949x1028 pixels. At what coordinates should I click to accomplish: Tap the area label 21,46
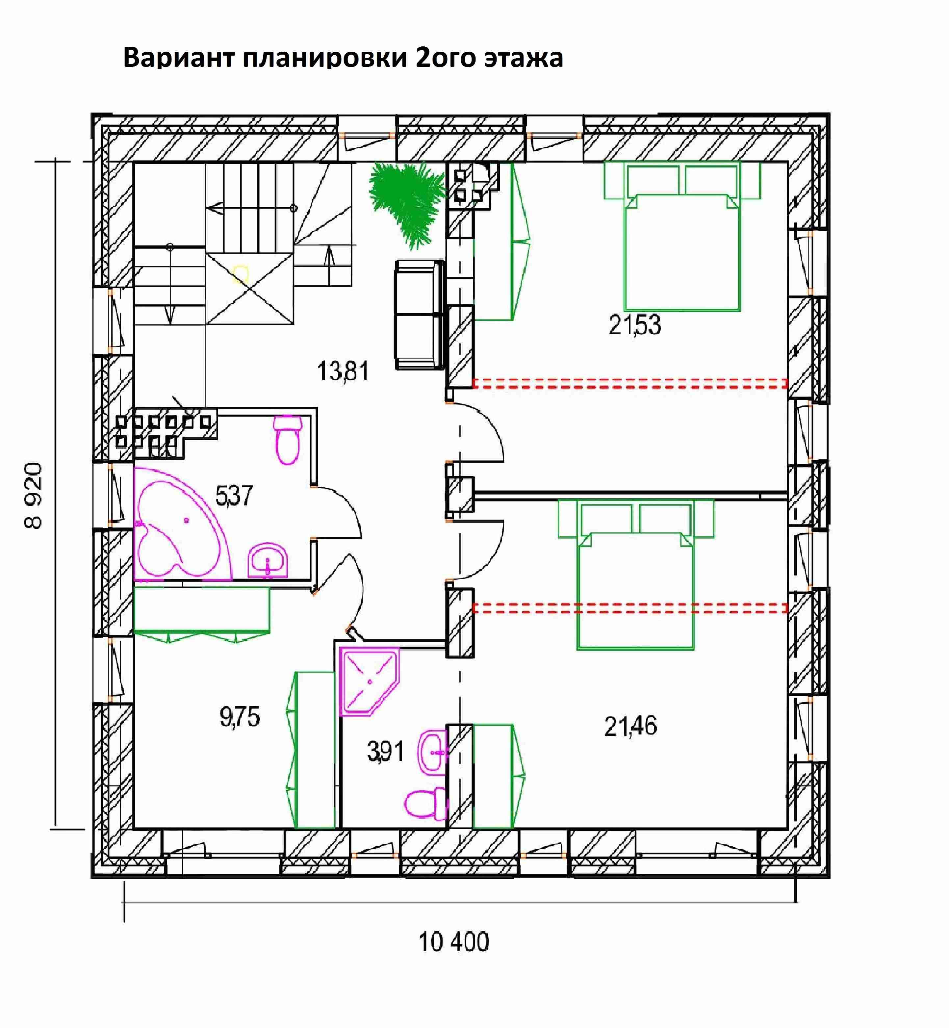(x=630, y=726)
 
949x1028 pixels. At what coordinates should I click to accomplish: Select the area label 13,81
(x=343, y=371)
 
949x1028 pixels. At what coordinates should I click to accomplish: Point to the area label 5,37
(x=234, y=496)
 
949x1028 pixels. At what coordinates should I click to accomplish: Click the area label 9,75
(x=240, y=717)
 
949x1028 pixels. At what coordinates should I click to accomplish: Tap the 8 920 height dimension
(x=33, y=496)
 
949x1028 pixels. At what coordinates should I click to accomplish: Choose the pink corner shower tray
(x=369, y=681)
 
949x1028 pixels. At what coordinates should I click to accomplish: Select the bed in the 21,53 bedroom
(x=682, y=237)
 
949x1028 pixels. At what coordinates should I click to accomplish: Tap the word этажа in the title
(x=523, y=58)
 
